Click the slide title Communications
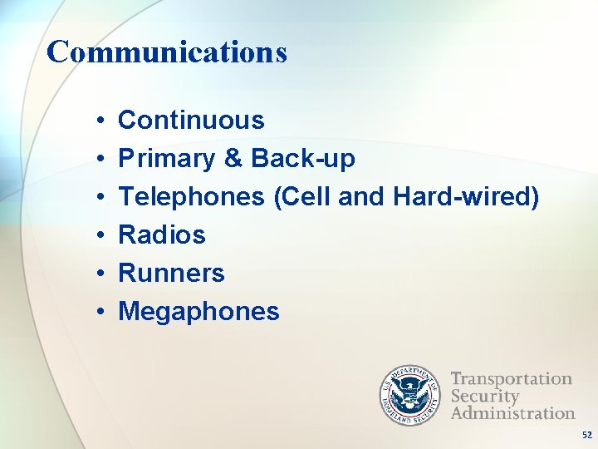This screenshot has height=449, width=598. (x=167, y=52)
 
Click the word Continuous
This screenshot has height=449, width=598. (x=191, y=121)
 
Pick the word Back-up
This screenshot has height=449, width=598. (x=302, y=159)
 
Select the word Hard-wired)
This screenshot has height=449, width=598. (x=466, y=197)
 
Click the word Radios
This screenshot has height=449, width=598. (x=162, y=235)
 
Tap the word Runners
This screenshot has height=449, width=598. (x=172, y=274)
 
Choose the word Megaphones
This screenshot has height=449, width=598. (x=199, y=312)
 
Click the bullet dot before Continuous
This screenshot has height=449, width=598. (x=99, y=121)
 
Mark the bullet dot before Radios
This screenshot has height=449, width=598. (x=99, y=236)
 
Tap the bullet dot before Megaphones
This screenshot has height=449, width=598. (x=99, y=313)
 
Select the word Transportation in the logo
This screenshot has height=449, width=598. (x=511, y=379)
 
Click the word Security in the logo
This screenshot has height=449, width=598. (x=485, y=396)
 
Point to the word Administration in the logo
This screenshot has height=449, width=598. (x=512, y=412)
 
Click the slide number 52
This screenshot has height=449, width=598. (x=586, y=435)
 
